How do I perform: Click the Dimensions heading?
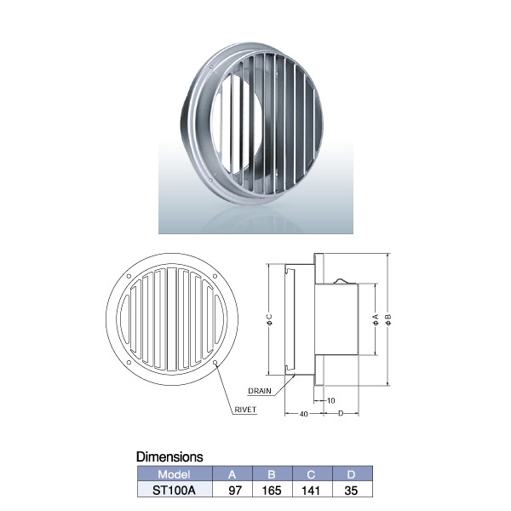[x=169, y=456]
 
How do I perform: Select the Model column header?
[x=174, y=474]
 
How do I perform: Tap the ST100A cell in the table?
[x=174, y=491]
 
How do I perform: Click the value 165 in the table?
[x=272, y=491]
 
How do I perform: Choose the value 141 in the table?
[x=311, y=491]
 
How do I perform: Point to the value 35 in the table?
[x=351, y=491]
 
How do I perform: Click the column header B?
[x=272, y=474]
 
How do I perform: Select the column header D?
[x=351, y=474]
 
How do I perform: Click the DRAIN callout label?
[x=260, y=391]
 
